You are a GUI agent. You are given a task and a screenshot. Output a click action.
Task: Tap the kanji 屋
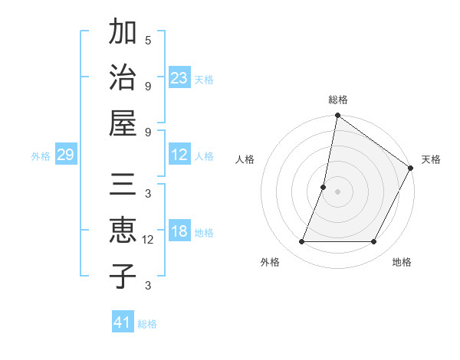(123, 123)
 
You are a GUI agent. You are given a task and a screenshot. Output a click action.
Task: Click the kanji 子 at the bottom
(123, 276)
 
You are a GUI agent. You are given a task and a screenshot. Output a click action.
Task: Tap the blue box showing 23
(179, 77)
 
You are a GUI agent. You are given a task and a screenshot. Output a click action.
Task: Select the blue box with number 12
(179, 155)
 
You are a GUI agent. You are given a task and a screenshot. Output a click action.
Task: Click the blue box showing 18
(179, 232)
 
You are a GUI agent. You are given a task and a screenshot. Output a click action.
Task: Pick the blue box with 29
(66, 155)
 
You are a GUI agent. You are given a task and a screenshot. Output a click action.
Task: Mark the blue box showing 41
(123, 322)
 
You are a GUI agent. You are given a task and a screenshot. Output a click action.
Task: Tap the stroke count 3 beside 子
(148, 286)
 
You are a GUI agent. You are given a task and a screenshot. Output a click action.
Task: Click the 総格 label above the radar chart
(337, 100)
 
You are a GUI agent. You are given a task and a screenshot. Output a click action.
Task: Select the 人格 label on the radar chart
(245, 159)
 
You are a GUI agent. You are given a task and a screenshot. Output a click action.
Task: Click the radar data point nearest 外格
(301, 242)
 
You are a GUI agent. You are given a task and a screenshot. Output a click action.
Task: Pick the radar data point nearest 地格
(374, 242)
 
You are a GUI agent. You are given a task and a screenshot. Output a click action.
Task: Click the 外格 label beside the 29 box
(41, 156)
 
